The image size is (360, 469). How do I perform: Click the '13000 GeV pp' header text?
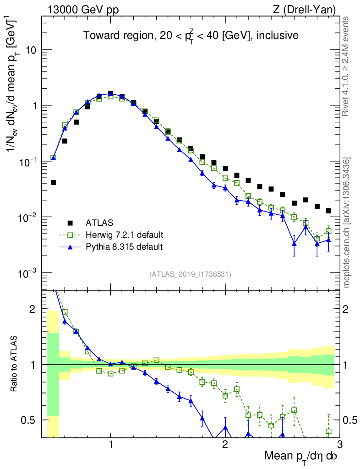point(82,9)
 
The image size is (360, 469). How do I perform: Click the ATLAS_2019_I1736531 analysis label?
point(190,274)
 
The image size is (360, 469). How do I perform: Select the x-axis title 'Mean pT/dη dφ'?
point(301,456)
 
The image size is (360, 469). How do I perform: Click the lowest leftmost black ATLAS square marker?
point(53,182)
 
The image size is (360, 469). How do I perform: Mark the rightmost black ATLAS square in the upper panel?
point(328,211)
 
